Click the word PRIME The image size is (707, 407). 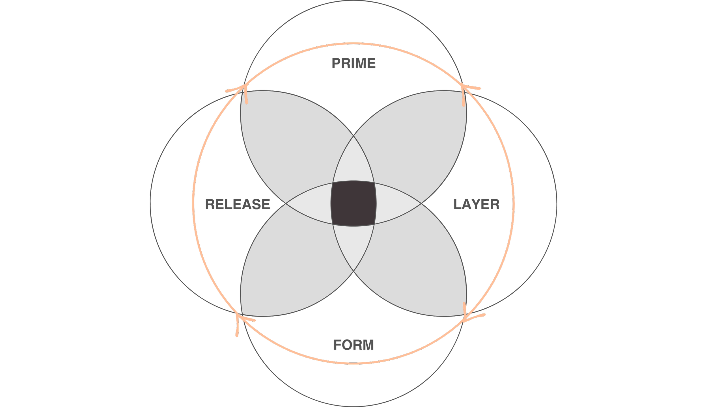(x=353, y=63)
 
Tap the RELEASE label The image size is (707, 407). (x=238, y=204)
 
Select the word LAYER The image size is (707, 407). (x=477, y=204)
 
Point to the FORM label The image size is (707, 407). (x=353, y=345)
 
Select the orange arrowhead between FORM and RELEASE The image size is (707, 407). (x=240, y=319)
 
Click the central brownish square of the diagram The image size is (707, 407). (x=353, y=203)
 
